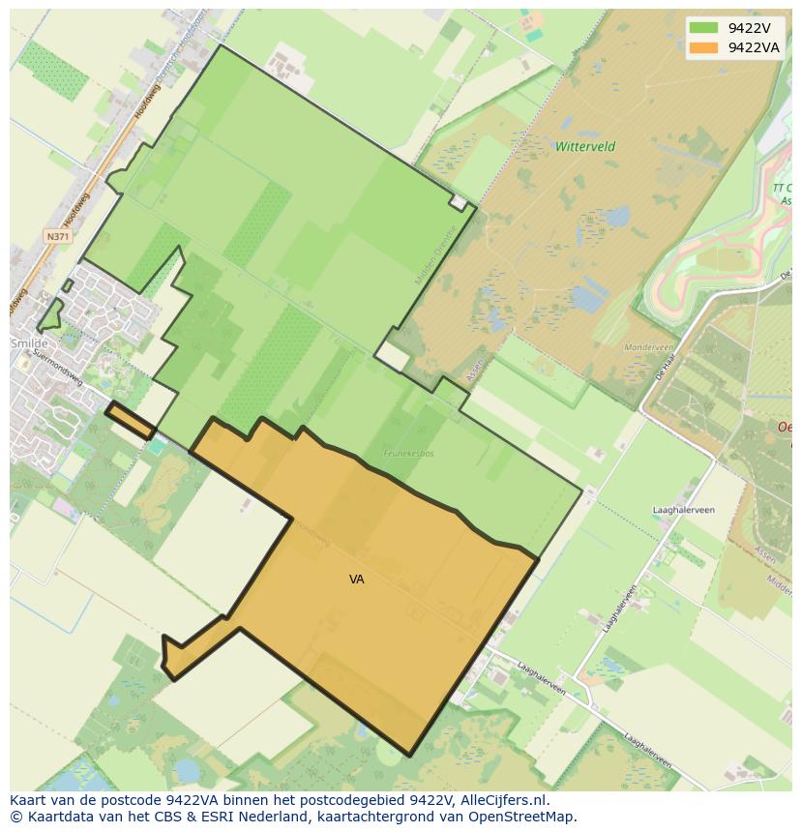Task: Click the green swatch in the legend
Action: tap(703, 28)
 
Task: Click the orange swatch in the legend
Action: tap(703, 47)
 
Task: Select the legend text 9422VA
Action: tap(754, 47)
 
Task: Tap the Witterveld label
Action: tap(585, 147)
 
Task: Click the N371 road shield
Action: tap(57, 236)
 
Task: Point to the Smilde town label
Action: tap(29, 343)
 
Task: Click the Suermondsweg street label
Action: tap(59, 367)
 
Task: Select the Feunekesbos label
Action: tap(408, 452)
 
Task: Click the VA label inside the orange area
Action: tap(357, 580)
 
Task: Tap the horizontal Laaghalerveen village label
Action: tap(684, 509)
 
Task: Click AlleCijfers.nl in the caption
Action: tap(504, 801)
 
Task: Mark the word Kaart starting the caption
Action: tap(28, 801)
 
